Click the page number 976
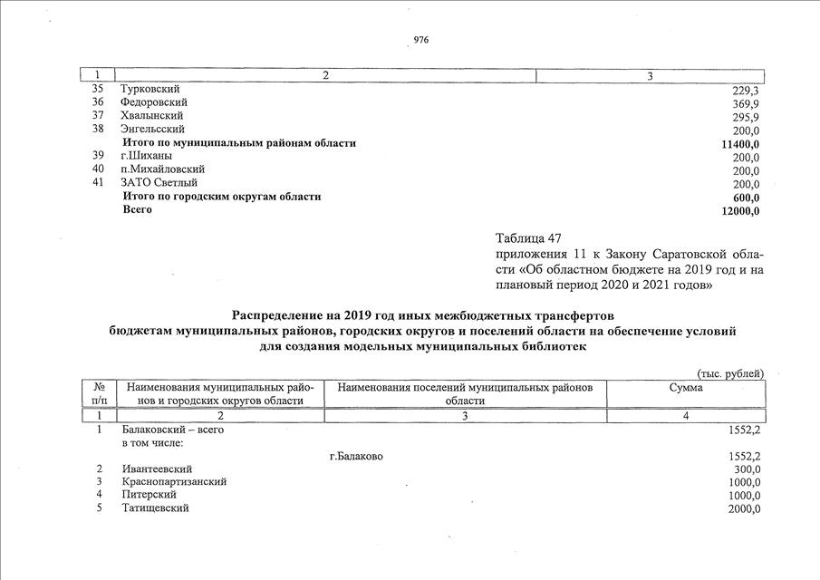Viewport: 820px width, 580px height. [x=420, y=41]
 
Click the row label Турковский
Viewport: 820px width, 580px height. [x=150, y=90]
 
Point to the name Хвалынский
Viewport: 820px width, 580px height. [x=152, y=116]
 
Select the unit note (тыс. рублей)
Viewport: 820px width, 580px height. [x=730, y=373]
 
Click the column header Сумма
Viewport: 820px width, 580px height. [x=685, y=388]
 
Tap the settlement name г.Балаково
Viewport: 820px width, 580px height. [x=356, y=456]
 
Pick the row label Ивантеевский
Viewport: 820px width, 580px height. [x=157, y=469]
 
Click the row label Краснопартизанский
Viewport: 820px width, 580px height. [x=174, y=482]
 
